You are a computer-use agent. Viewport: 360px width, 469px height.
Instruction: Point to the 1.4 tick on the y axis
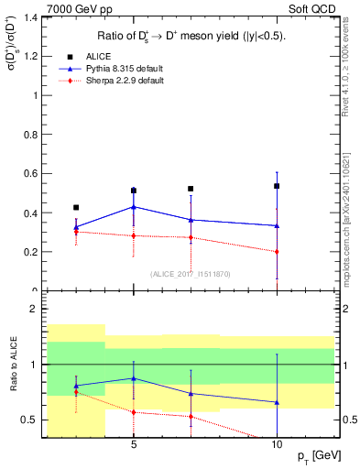tap(30, 17)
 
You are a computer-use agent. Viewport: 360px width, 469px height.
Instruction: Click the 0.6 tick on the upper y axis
tap(30, 173)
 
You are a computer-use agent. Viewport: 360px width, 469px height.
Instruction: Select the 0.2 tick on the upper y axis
tap(30, 252)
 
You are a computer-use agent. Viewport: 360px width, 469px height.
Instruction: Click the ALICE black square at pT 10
tap(277, 186)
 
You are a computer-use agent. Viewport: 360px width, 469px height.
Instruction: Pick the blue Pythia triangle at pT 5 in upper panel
tap(134, 207)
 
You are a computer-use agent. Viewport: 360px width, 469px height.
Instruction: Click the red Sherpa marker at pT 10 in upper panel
tap(277, 251)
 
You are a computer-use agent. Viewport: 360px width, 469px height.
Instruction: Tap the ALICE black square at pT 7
tap(191, 189)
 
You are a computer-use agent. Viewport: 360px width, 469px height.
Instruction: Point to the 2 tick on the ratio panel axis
tap(32, 309)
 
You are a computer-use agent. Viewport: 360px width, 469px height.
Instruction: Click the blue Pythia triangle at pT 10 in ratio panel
tap(277, 402)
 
